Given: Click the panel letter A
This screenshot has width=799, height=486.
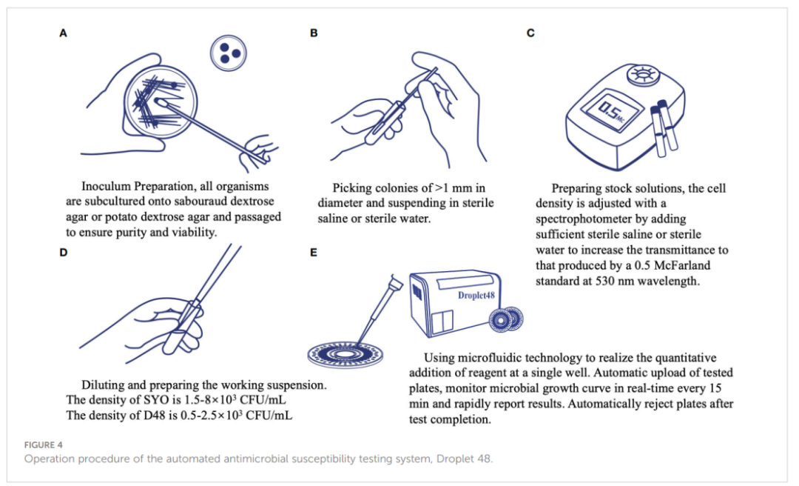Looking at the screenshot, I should pyautogui.click(x=63, y=33).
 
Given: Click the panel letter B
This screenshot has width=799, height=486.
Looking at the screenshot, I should pyautogui.click(x=314, y=33).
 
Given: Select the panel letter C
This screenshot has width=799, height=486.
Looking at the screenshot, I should pyautogui.click(x=530, y=33).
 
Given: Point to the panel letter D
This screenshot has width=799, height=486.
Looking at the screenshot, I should pyautogui.click(x=63, y=253).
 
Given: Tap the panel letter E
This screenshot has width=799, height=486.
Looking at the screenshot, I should pyautogui.click(x=314, y=253).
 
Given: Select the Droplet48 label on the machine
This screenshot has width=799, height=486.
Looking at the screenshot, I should pyautogui.click(x=476, y=295).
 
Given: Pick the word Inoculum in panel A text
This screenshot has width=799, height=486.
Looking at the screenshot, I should pyautogui.click(x=110, y=187).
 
